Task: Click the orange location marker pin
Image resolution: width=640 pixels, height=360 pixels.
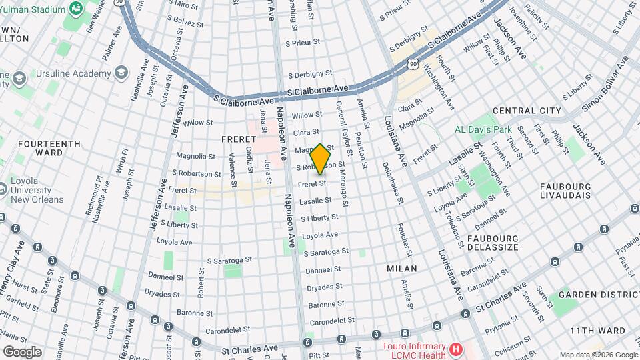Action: coord(321,159)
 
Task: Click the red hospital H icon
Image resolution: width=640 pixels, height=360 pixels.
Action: coord(456,349)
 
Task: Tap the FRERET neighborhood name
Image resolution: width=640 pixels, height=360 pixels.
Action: coord(239,139)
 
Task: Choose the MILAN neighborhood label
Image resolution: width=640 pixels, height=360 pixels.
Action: coord(402,269)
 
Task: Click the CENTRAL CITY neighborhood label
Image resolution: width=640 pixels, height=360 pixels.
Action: coord(527,111)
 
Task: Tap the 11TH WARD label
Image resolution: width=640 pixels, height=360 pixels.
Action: coord(598,331)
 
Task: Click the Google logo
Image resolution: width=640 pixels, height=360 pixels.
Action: coord(22,351)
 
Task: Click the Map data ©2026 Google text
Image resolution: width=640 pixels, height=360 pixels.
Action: coord(598,355)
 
